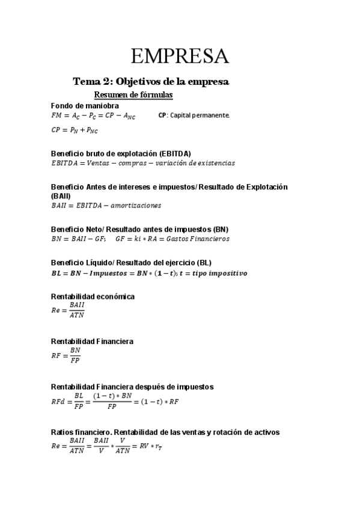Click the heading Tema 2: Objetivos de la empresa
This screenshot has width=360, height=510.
point(151,81)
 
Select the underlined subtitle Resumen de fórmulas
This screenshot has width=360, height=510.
point(133,95)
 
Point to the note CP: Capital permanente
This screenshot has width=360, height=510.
point(194,115)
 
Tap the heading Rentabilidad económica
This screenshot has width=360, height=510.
point(93,296)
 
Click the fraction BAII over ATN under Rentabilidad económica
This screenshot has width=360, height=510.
point(76,310)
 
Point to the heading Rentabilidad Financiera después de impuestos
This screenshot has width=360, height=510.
point(132,387)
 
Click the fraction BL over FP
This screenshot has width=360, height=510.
point(78,401)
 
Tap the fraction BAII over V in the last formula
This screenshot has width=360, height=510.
point(101,446)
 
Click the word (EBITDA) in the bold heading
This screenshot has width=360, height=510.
point(174,153)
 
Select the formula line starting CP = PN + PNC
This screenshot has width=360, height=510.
point(75,130)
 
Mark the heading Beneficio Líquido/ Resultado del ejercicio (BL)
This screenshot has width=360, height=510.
point(131,263)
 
